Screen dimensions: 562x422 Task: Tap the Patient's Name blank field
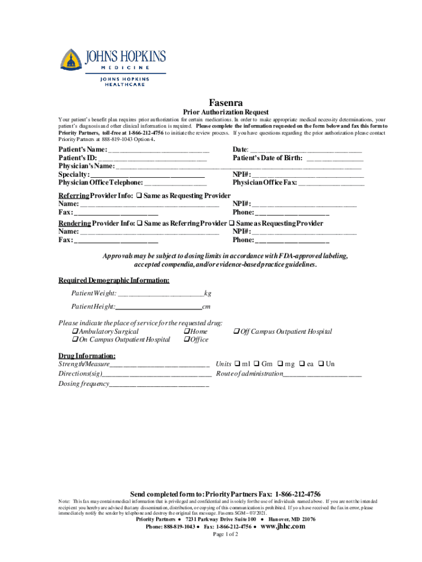click(158, 150)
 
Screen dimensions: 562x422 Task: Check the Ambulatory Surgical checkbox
click(75, 331)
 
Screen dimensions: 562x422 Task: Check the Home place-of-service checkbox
click(187, 331)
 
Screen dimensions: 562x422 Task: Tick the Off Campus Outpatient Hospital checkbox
click(237, 331)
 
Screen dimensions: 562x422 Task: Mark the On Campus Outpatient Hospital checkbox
click(75, 340)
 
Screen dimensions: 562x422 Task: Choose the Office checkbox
click(187, 340)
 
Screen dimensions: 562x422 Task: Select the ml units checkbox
click(237, 364)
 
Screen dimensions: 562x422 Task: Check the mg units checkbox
click(280, 364)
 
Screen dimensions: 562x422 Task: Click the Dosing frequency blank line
click(159, 384)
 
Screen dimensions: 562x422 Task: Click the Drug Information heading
click(87, 356)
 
